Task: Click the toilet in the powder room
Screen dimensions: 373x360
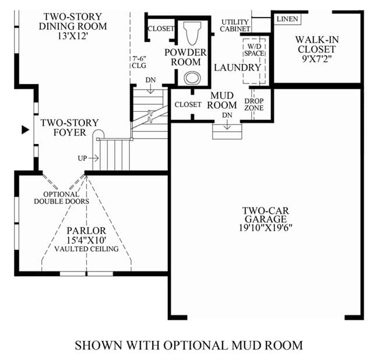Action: click(192, 33)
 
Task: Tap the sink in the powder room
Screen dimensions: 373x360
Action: click(192, 77)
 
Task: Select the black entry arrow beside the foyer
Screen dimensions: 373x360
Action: click(25, 130)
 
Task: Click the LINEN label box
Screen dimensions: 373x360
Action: click(287, 19)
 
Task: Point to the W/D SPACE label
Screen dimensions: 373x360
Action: click(254, 50)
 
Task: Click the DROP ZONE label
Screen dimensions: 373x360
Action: click(254, 105)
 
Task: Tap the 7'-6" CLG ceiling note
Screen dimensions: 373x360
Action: click(139, 62)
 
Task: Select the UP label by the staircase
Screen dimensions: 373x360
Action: click(82, 158)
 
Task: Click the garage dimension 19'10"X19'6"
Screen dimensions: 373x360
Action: click(266, 228)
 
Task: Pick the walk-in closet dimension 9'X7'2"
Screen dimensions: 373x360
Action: click(317, 58)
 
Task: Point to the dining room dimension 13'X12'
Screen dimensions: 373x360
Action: click(73, 36)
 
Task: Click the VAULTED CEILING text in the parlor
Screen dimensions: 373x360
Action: click(87, 249)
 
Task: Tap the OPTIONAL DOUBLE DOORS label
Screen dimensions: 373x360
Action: click(62, 198)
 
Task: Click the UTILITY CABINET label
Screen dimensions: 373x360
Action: click(235, 26)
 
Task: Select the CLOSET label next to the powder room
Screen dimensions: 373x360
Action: click(161, 29)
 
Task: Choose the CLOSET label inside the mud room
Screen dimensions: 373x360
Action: click(188, 104)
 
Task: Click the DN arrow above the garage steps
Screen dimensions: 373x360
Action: click(227, 124)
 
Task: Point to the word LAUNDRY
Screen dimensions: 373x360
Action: click(238, 68)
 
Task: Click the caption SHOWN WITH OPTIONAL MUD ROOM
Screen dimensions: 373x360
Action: click(189, 345)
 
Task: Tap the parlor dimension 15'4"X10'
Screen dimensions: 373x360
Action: click(86, 241)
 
